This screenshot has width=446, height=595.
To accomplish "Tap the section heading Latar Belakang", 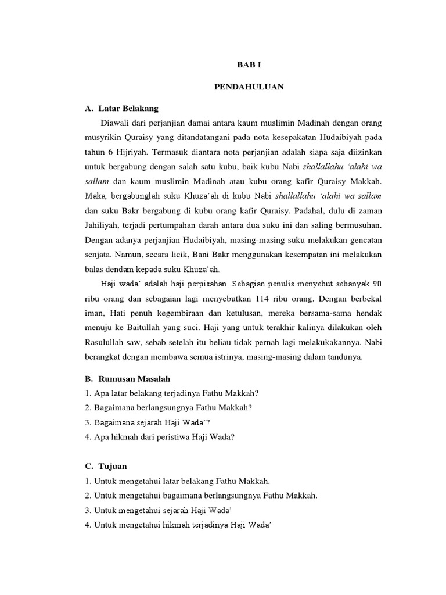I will [128, 108].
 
